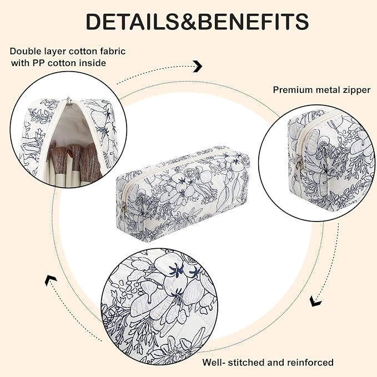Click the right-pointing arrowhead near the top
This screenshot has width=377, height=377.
pyautogui.click(x=198, y=67)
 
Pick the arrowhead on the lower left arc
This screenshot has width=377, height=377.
pyautogui.click(x=51, y=280)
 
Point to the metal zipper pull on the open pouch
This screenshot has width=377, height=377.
pyautogui.click(x=69, y=100)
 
